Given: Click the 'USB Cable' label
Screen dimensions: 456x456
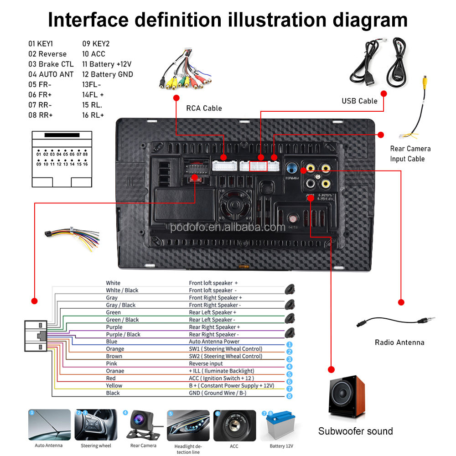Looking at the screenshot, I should [359, 101].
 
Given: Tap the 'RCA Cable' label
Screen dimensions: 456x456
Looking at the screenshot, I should [204, 108].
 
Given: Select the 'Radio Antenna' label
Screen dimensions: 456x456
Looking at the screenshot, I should [399, 342].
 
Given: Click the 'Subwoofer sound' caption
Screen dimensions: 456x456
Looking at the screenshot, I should [355, 431].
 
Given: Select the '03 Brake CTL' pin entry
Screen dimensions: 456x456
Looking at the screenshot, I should [51, 64].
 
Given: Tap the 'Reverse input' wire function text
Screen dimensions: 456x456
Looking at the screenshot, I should [206, 363].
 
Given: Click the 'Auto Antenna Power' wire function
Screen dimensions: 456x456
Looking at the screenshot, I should [214, 342].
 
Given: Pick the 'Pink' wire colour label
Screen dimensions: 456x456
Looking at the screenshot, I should [111, 363].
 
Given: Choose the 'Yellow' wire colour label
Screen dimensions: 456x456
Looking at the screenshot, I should [114, 385].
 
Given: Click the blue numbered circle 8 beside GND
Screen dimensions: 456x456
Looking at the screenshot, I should [289, 396].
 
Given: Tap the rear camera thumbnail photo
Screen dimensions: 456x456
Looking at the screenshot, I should [143, 425].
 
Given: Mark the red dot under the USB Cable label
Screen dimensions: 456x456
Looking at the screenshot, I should [383, 93].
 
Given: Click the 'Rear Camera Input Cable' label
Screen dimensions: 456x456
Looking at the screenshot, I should [410, 154].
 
